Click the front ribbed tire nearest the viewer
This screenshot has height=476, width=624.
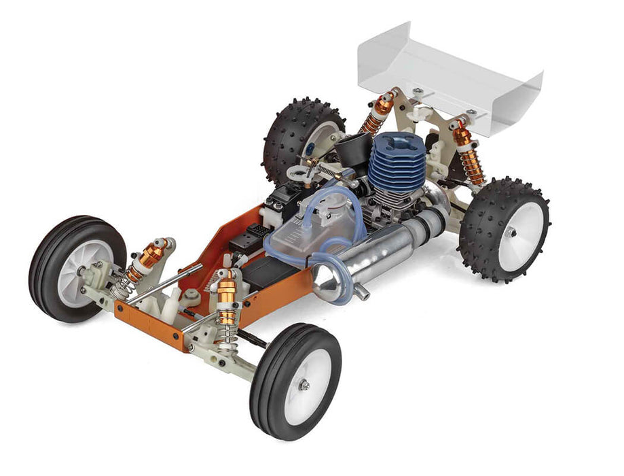click(x=295, y=381)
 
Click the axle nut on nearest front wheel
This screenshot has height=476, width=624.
click(x=305, y=385)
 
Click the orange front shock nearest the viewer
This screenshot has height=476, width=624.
click(x=227, y=299)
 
